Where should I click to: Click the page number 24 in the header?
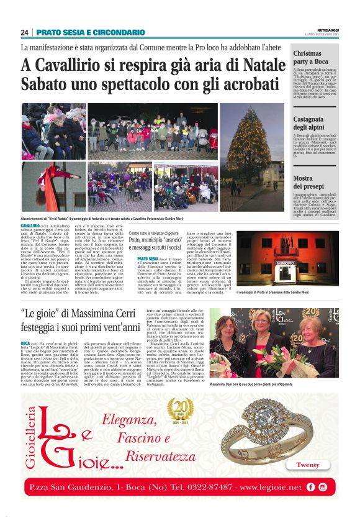[x=25, y=32]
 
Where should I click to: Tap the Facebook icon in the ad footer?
[x=310, y=488]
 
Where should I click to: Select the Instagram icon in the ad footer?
[x=323, y=488]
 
